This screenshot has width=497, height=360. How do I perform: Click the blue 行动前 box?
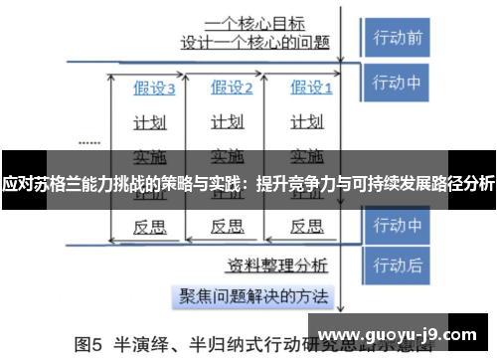pos(398,39)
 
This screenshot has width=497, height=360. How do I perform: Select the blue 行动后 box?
pos(398,266)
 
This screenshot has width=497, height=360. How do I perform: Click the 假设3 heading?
pos(155,89)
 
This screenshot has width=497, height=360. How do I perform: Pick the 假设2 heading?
pos(232,89)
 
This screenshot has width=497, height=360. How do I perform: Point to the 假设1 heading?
pos(309,89)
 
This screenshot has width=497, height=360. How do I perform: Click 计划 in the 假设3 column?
pos(150,123)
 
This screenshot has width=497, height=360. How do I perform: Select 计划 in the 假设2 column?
pos(228,123)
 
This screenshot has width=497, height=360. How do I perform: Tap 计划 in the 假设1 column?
pos(306,123)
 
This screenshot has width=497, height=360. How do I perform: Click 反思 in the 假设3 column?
pos(150,227)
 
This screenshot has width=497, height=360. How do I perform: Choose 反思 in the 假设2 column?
pos(228,227)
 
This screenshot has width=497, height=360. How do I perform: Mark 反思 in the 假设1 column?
pos(306,227)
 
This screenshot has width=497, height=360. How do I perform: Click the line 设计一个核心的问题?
pos(255,43)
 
